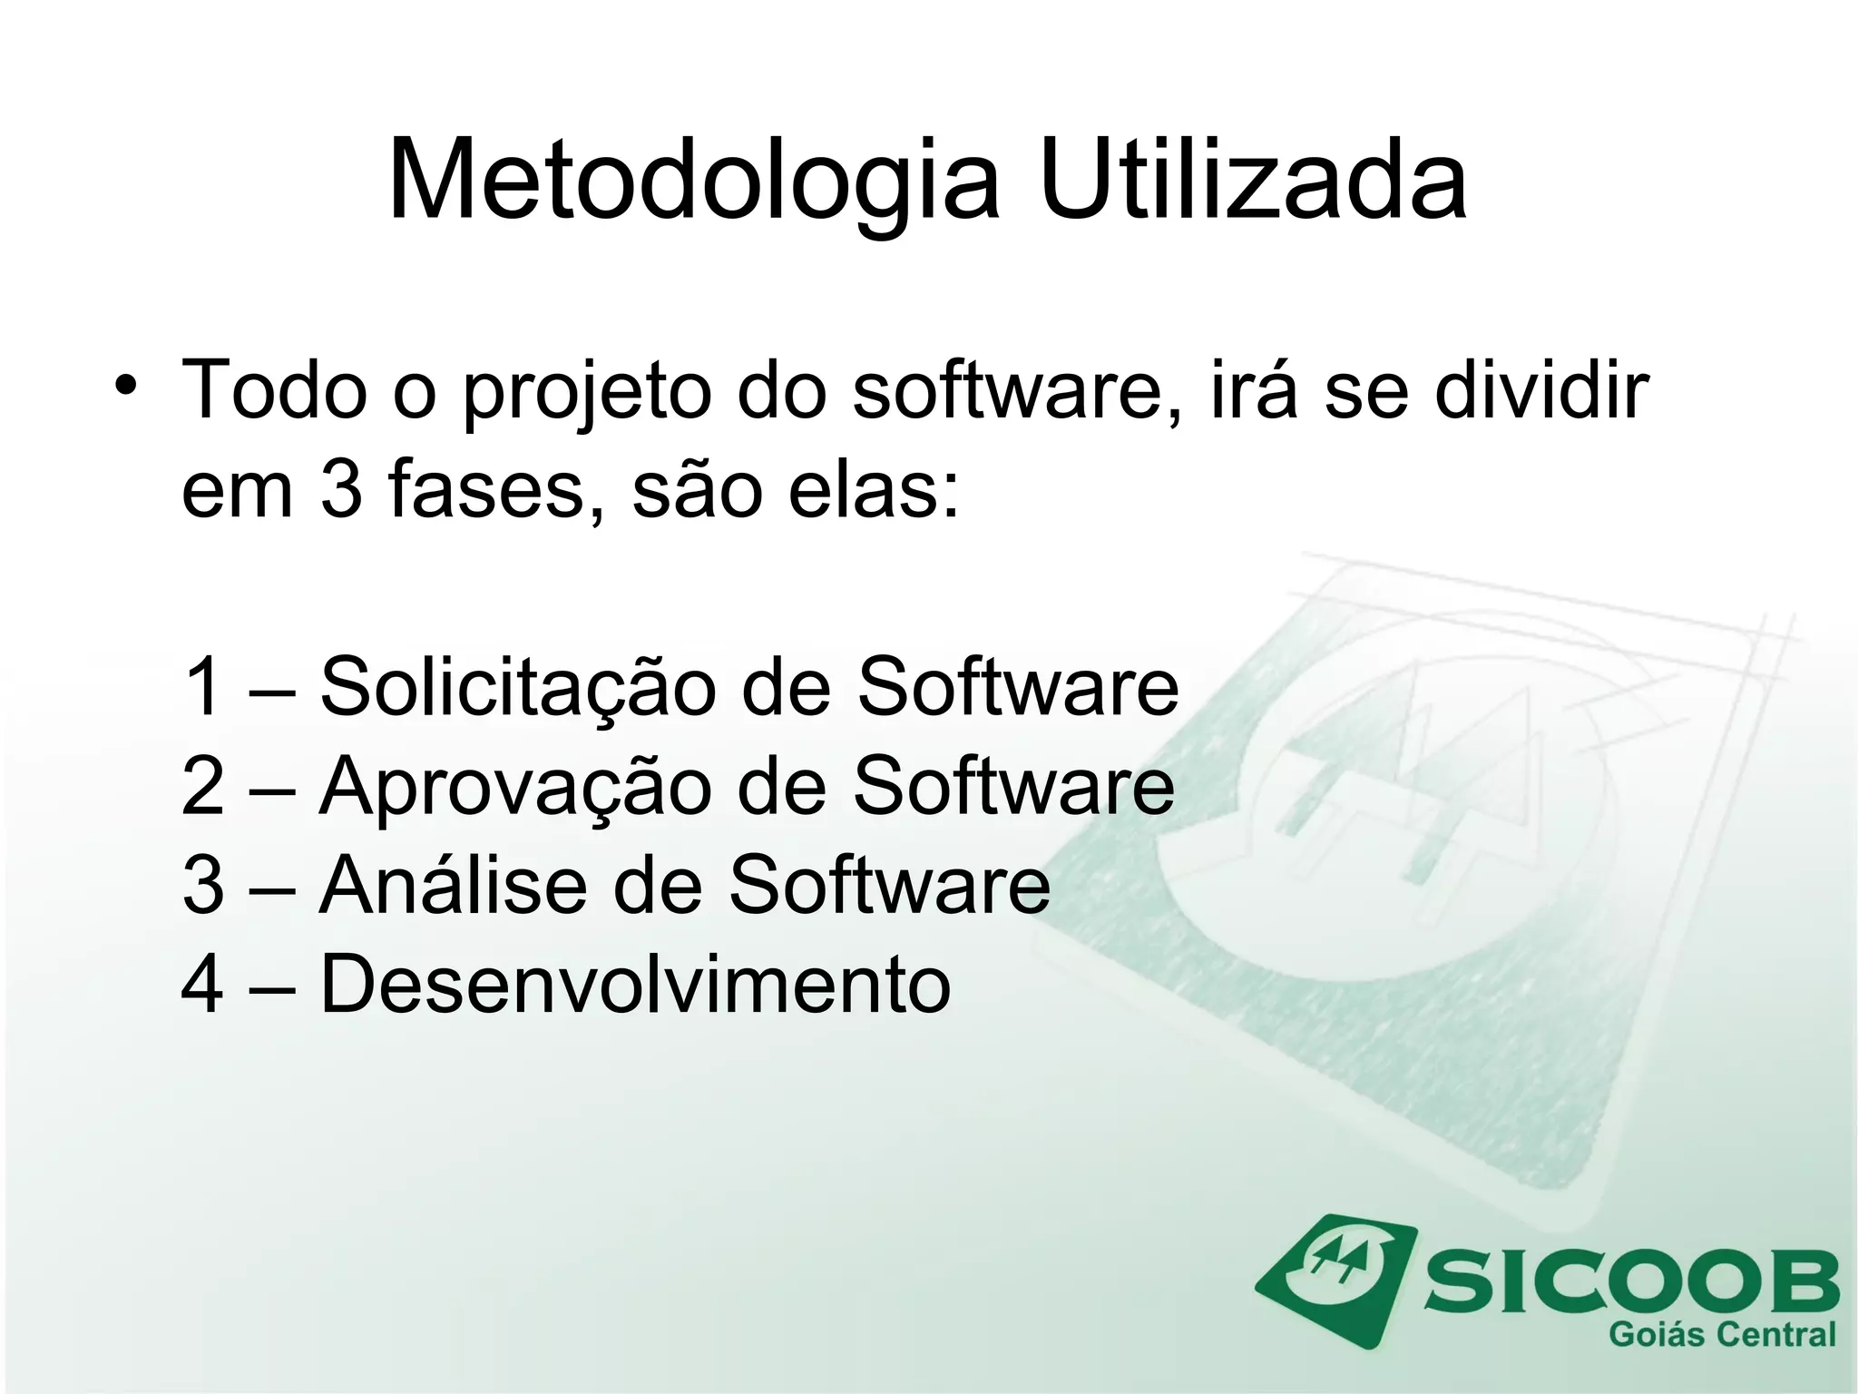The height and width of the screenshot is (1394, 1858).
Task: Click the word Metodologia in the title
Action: [x=694, y=180]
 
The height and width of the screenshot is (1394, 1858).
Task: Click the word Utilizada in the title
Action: [x=1252, y=180]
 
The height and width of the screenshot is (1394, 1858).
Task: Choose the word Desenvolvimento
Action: [x=635, y=984]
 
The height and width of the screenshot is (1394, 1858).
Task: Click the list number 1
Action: [x=203, y=687]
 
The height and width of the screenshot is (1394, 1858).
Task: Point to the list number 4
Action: [x=203, y=984]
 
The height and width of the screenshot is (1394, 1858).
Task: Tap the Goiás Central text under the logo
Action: [x=1721, y=1335]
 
